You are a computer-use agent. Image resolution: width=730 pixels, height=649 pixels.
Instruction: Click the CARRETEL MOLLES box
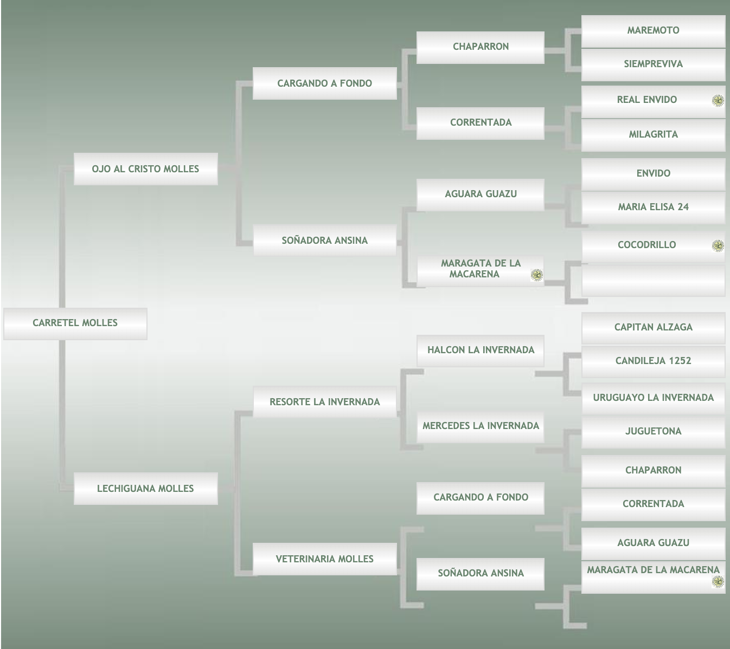[x=75, y=323]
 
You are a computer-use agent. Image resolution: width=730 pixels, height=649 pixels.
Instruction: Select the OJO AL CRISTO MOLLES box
[x=145, y=169]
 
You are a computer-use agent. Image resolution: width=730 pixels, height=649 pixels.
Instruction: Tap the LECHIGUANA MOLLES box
[x=145, y=489]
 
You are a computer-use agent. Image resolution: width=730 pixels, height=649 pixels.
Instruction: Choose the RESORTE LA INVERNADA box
[x=325, y=402]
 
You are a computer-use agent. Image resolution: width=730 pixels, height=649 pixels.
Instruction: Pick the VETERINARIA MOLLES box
[x=325, y=559]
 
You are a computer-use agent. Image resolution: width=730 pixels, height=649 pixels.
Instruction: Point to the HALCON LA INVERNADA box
[x=481, y=351]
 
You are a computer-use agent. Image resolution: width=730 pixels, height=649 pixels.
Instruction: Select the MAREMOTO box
[x=653, y=31]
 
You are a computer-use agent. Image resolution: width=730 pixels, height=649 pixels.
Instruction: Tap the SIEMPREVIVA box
[x=653, y=65]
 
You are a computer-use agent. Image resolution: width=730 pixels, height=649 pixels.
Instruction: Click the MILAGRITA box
[x=653, y=135]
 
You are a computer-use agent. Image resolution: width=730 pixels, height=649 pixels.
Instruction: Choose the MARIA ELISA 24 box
[x=653, y=207]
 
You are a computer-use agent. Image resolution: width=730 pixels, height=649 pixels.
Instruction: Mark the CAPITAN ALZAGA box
[x=653, y=328]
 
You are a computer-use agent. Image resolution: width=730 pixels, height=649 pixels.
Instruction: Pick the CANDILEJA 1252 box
[x=653, y=362]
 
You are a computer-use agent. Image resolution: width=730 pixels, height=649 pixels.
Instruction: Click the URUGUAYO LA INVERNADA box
[x=653, y=399]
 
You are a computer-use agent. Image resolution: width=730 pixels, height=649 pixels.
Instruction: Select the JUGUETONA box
[x=653, y=432]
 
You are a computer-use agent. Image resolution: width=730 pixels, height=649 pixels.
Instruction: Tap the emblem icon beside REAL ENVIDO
[x=718, y=101]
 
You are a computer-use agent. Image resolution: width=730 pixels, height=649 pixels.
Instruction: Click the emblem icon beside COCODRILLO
[x=718, y=246]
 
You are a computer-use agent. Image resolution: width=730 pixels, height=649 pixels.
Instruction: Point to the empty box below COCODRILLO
[x=653, y=281]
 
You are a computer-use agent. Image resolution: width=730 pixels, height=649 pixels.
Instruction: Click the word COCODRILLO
[x=647, y=245]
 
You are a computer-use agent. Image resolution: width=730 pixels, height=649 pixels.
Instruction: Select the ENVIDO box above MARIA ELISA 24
[x=653, y=174]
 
